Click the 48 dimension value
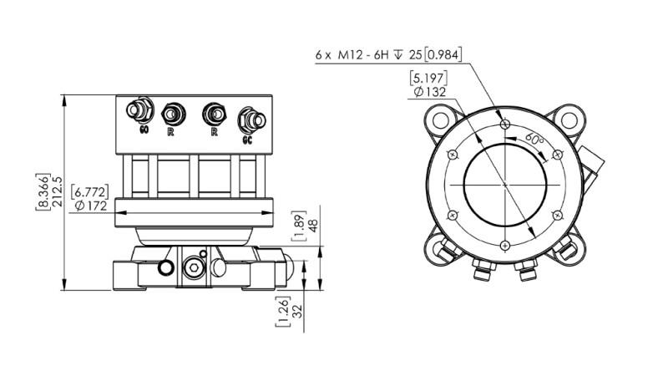[314, 225]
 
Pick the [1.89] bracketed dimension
[301, 225]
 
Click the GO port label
[144, 131]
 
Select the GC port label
[247, 140]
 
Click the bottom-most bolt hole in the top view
[505, 244]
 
